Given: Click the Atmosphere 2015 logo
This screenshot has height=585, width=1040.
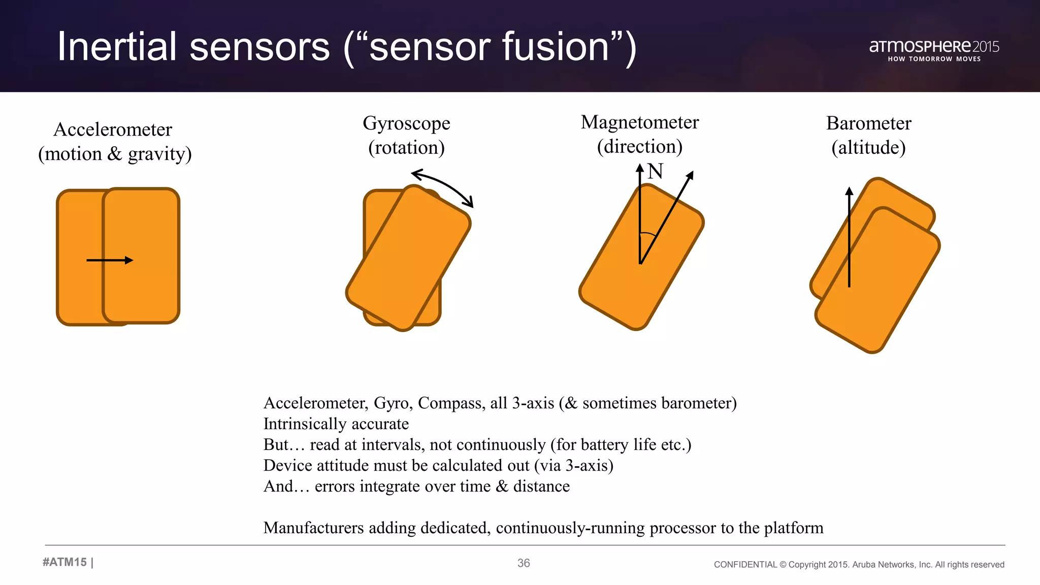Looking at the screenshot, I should (x=933, y=46).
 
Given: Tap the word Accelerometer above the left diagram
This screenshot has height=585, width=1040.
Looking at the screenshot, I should (x=113, y=129).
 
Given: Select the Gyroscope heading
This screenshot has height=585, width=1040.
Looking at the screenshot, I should (x=406, y=123).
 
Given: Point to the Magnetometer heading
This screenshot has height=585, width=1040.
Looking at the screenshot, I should (x=640, y=122).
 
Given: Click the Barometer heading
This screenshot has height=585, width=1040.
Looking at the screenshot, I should (x=868, y=123).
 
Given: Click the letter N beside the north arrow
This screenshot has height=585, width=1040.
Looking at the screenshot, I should (x=656, y=172).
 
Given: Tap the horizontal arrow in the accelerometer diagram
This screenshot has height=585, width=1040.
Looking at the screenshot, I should (x=110, y=260).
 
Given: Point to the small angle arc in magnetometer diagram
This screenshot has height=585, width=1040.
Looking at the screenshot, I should (x=647, y=234).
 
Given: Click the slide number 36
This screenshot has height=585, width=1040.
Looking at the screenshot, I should (x=524, y=563).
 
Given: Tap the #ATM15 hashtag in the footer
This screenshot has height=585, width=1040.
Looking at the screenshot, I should (x=64, y=562).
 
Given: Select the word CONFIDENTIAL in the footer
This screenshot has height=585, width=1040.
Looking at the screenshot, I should (x=745, y=565).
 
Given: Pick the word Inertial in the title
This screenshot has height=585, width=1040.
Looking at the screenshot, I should (x=116, y=47).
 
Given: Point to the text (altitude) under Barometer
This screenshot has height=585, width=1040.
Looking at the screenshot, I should (x=868, y=148).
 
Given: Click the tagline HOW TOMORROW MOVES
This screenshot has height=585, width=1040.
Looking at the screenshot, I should (x=934, y=59).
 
